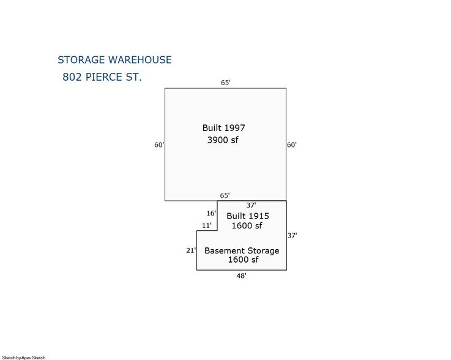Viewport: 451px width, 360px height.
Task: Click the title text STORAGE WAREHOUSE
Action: point(114,60)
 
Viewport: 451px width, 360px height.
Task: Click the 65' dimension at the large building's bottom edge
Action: point(225,195)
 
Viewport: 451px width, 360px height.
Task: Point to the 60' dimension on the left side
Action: point(158,145)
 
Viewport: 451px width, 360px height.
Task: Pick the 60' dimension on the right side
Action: point(292,145)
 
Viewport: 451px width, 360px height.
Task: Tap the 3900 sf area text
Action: point(223,141)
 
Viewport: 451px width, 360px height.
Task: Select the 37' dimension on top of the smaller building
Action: point(250,206)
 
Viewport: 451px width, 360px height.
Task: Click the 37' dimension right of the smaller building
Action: point(293,235)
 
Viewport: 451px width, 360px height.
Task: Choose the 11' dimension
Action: point(207,225)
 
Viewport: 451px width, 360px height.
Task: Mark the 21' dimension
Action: point(190,250)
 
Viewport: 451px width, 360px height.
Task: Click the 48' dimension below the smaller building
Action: point(241,276)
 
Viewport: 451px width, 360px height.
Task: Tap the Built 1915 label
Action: point(248,216)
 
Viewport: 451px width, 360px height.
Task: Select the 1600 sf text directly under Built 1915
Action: point(247,226)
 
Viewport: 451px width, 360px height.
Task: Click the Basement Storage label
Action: point(242,251)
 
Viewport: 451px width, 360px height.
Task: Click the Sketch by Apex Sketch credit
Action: point(23,357)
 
